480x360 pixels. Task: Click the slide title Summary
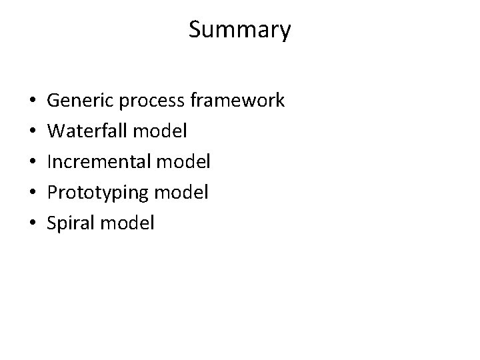tap(239, 30)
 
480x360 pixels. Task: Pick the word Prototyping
tap(99, 193)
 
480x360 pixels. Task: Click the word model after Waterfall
tap(160, 131)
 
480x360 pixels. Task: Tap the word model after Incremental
tap(185, 161)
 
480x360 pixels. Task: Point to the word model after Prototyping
tap(182, 192)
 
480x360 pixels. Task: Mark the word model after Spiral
tap(127, 223)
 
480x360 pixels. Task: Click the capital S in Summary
tap(195, 30)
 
